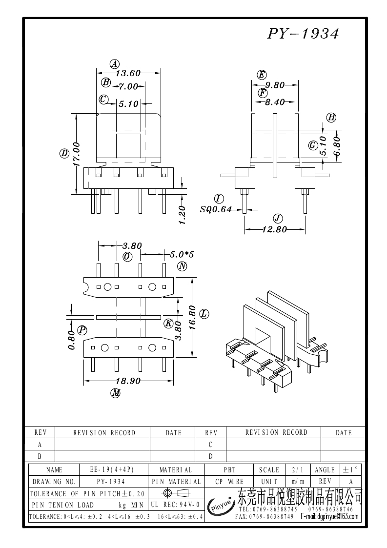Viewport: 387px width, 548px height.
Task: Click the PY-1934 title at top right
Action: (303, 34)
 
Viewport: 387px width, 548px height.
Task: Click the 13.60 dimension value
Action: (128, 74)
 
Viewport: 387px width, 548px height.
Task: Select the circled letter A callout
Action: (114, 64)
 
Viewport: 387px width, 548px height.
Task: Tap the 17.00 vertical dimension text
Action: (76, 154)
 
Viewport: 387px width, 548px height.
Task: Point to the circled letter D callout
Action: (64, 154)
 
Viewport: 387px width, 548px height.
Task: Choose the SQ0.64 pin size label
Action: (215, 210)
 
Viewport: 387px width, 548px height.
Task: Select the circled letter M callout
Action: (115, 393)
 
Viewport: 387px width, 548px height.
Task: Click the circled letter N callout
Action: (183, 266)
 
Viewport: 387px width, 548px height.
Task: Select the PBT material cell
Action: (229, 470)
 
